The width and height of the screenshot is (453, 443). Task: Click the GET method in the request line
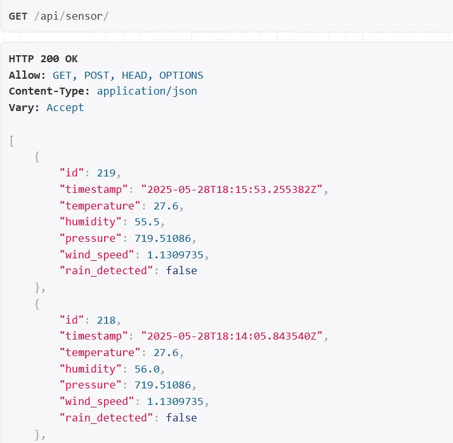tap(18, 16)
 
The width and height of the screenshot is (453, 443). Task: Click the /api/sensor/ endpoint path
tap(71, 16)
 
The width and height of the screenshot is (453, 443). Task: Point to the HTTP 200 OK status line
tap(43, 59)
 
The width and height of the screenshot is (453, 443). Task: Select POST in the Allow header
tap(96, 76)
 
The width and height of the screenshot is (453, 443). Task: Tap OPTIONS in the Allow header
tap(181, 76)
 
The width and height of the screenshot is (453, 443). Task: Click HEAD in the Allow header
tap(134, 76)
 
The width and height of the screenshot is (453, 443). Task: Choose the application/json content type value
tap(147, 91)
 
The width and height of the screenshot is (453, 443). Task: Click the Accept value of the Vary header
tap(65, 107)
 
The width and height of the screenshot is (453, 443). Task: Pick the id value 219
tap(106, 173)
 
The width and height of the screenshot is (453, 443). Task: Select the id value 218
tap(106, 320)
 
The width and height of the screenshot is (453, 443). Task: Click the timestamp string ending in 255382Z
tap(232, 189)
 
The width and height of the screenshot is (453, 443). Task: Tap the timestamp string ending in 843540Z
tap(232, 336)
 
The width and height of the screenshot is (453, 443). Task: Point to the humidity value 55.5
tap(147, 222)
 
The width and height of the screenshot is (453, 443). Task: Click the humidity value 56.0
tap(147, 369)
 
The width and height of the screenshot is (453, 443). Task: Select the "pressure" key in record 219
tap(91, 239)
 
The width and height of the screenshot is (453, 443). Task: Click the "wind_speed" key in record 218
tap(97, 401)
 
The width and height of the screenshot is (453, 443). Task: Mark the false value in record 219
tap(181, 270)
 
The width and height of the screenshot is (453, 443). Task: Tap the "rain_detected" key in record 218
tap(106, 418)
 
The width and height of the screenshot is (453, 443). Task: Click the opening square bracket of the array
tap(12, 142)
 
